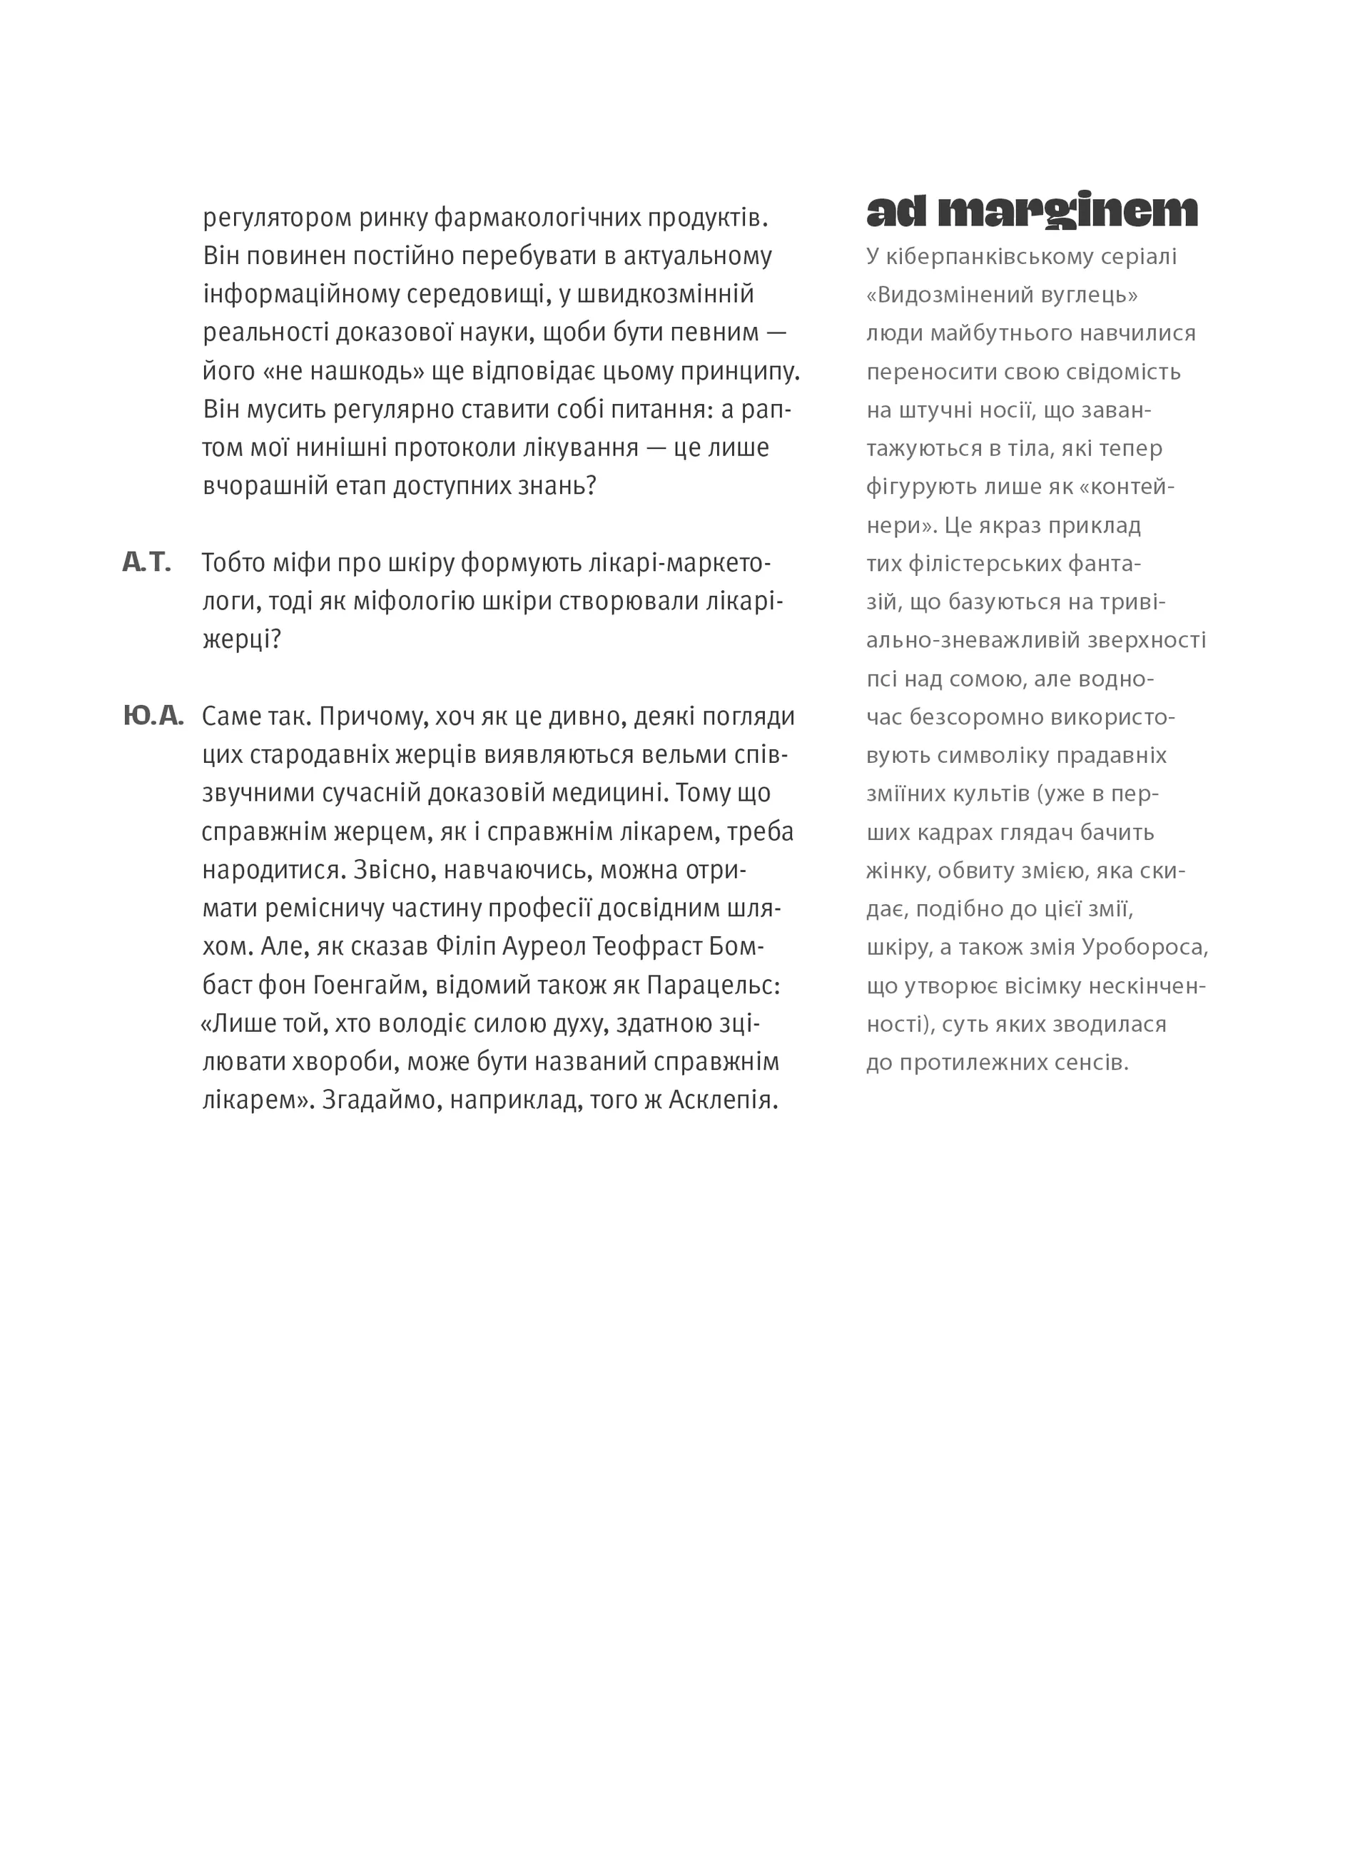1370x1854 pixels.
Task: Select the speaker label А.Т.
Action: coord(147,563)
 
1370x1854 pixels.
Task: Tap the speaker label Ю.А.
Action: coord(153,716)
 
